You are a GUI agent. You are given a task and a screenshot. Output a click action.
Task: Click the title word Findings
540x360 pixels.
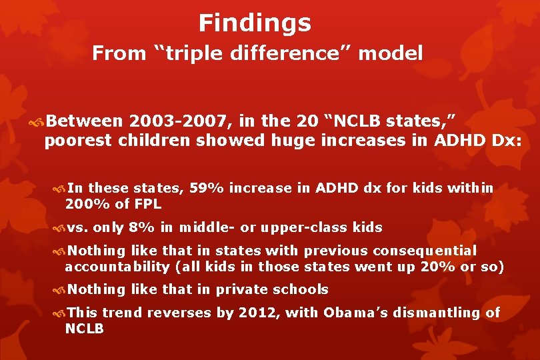coord(255,23)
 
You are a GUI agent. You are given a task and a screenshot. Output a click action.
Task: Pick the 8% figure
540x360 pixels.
coord(143,228)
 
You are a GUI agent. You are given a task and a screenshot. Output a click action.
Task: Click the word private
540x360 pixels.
coord(233,290)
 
